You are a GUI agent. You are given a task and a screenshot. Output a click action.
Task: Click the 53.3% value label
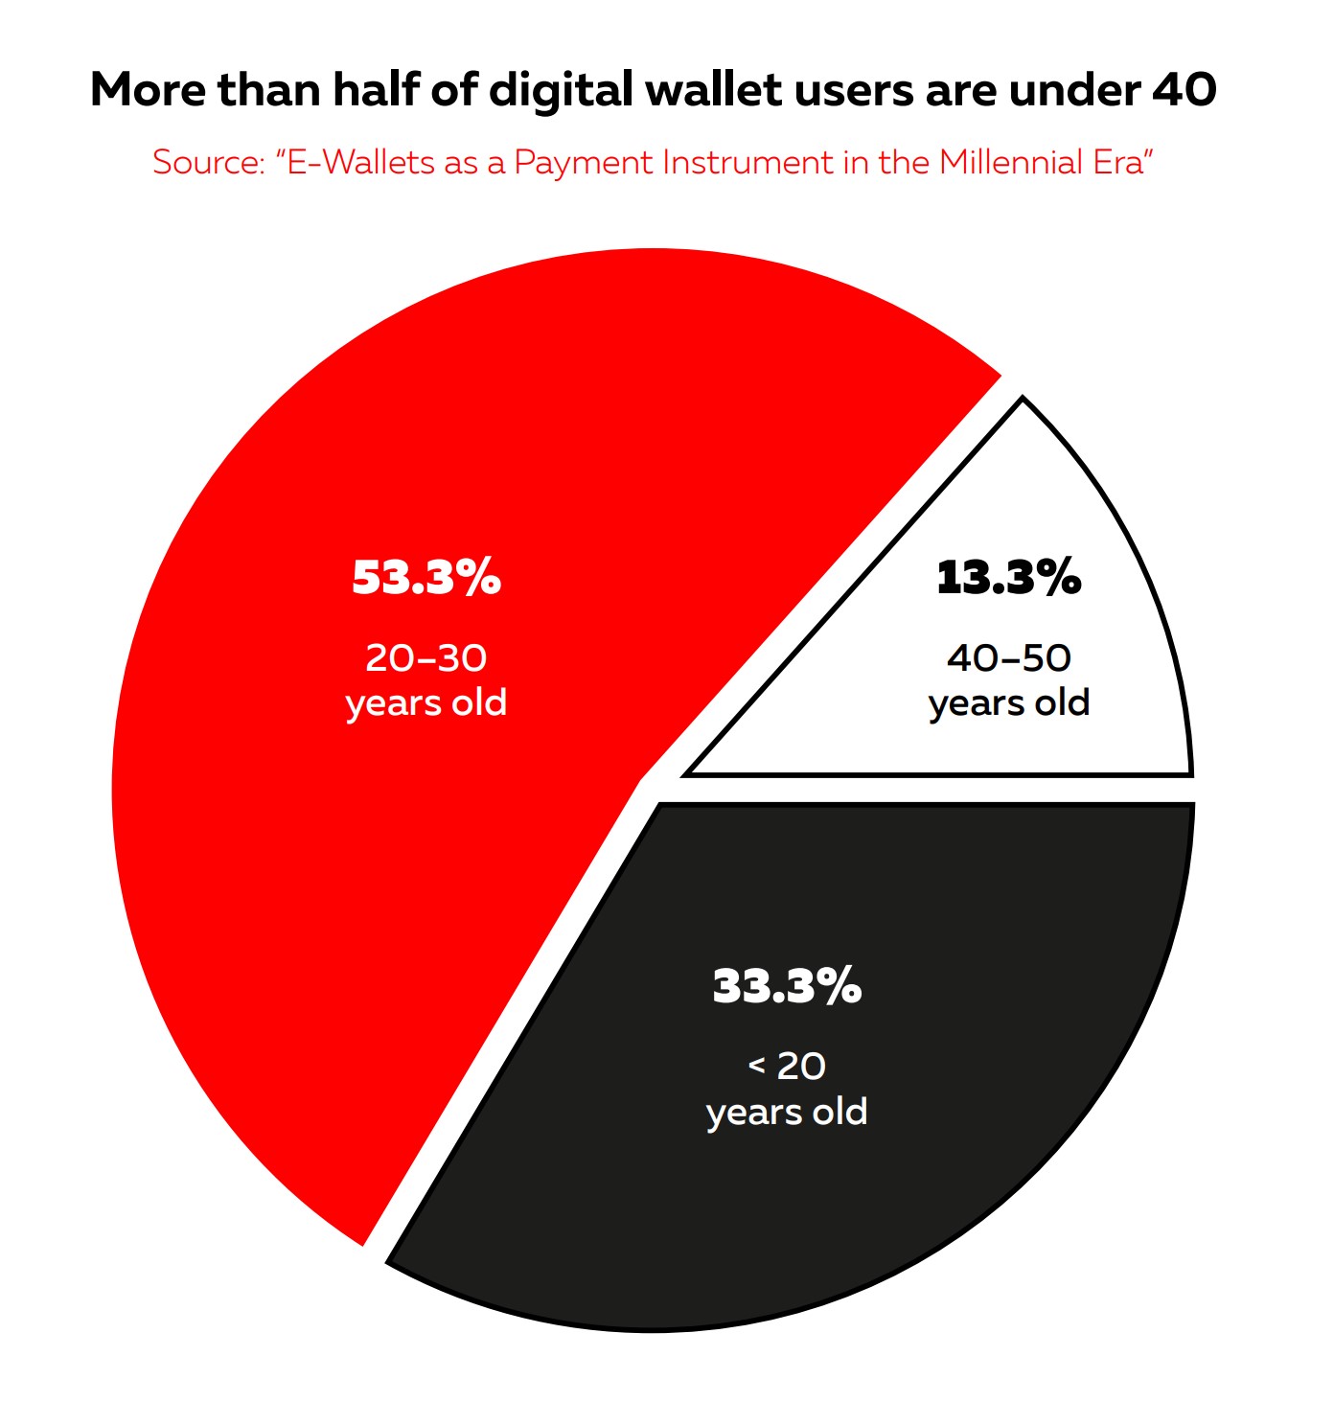point(426,578)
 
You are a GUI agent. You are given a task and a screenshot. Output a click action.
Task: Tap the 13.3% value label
point(1008,578)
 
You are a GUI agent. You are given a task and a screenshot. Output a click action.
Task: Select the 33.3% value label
point(787,986)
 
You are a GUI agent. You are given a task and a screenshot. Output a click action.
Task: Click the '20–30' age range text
point(426,658)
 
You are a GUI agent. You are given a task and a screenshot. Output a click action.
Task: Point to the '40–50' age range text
point(1008,658)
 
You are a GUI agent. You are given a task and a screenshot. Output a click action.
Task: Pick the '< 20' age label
point(787,1066)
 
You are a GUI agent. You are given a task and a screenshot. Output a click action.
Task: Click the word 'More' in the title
point(148,90)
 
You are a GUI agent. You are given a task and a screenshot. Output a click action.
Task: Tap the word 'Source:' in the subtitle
point(208,163)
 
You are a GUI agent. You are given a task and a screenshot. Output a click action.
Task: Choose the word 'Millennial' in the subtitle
point(1010,163)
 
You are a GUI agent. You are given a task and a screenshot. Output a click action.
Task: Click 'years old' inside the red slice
point(426,704)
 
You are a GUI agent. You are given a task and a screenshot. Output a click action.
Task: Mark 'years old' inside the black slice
point(787,1113)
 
